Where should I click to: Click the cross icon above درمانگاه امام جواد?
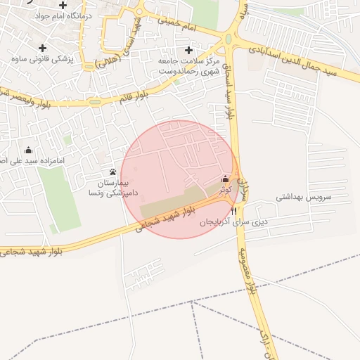click(63, 5)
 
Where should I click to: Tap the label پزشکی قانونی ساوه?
click(41, 58)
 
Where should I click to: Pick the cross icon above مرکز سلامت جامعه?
click(188, 50)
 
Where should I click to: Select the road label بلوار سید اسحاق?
click(227, 92)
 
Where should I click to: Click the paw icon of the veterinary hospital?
click(112, 172)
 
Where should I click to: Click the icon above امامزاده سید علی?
click(28, 150)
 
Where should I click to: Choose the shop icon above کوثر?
click(225, 179)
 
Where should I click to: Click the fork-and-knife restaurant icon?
click(233, 210)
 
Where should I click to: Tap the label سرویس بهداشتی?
click(302, 198)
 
